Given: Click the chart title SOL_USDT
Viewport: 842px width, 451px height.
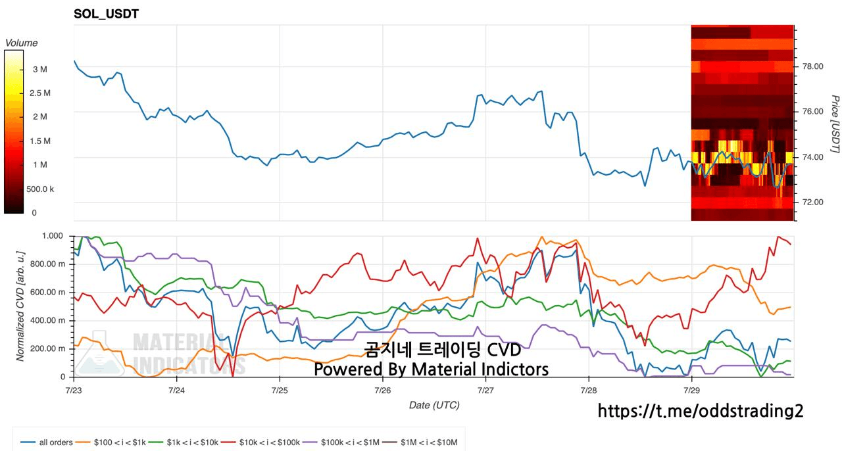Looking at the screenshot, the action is click(x=107, y=14).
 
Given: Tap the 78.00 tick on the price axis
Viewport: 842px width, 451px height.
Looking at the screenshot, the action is click(x=812, y=66).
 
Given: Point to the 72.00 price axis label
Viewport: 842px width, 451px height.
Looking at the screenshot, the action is click(x=812, y=202).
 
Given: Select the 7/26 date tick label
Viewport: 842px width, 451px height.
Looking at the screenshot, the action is click(x=383, y=391).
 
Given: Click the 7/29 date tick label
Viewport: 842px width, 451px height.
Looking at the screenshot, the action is click(x=691, y=391).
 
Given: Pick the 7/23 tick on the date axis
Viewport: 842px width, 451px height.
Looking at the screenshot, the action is click(x=74, y=391).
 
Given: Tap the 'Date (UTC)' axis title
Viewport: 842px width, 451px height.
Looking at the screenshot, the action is click(x=434, y=405).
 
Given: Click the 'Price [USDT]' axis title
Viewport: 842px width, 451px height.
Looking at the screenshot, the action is click(x=835, y=124).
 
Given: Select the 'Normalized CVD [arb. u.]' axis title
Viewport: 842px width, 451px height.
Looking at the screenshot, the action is click(x=20, y=306).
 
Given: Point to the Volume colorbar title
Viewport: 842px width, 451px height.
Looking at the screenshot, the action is click(x=21, y=43).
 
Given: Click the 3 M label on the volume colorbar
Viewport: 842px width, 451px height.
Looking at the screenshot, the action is click(x=40, y=70).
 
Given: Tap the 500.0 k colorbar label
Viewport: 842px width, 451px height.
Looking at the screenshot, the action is click(x=40, y=189).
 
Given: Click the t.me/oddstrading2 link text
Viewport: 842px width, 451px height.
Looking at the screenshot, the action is click(x=701, y=411).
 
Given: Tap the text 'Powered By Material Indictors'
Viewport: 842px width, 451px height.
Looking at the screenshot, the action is click(x=431, y=369).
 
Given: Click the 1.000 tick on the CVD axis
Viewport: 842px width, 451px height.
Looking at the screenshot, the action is click(x=52, y=236).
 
